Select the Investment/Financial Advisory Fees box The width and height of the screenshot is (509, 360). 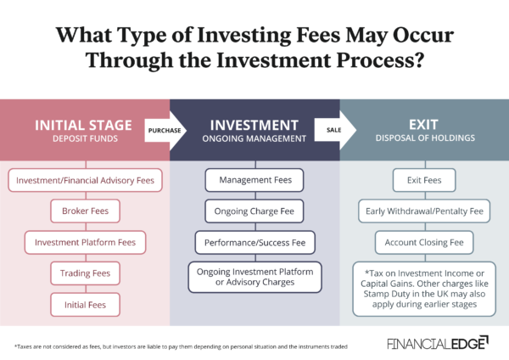85,180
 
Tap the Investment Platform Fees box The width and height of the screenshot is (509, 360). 85,242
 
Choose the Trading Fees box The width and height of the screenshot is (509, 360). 85,273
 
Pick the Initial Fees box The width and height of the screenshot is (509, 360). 85,303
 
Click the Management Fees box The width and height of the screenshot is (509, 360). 255,180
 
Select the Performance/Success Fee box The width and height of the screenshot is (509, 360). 255,242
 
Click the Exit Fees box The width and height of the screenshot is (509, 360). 424,180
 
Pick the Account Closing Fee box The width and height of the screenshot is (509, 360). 424,241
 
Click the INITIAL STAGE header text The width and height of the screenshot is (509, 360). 84,125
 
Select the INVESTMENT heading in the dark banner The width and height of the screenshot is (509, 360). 255,125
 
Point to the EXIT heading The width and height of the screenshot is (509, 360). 423,125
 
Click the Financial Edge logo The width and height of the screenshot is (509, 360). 437,343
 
